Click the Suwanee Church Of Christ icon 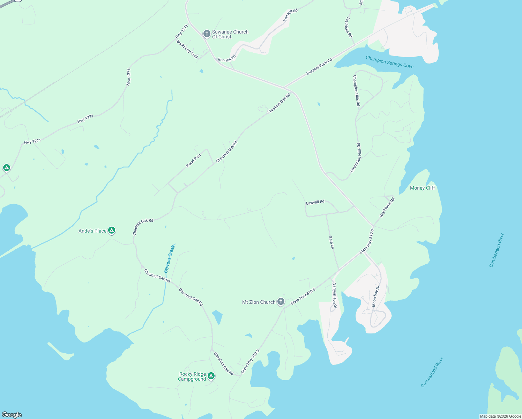(207, 34)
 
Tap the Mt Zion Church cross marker (281, 302)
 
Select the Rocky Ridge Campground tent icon (211, 376)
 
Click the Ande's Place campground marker (112, 230)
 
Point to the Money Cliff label (422, 188)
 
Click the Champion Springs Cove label (389, 62)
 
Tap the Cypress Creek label (169, 259)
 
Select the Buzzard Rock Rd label (319, 67)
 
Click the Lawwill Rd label (315, 202)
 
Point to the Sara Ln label (331, 242)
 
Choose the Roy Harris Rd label (387, 207)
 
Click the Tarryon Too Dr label (334, 295)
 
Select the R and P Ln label (193, 161)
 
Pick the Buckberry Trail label (187, 49)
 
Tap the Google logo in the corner (12, 415)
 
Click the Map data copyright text (500, 416)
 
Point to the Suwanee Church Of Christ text (230, 34)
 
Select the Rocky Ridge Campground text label (192, 376)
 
